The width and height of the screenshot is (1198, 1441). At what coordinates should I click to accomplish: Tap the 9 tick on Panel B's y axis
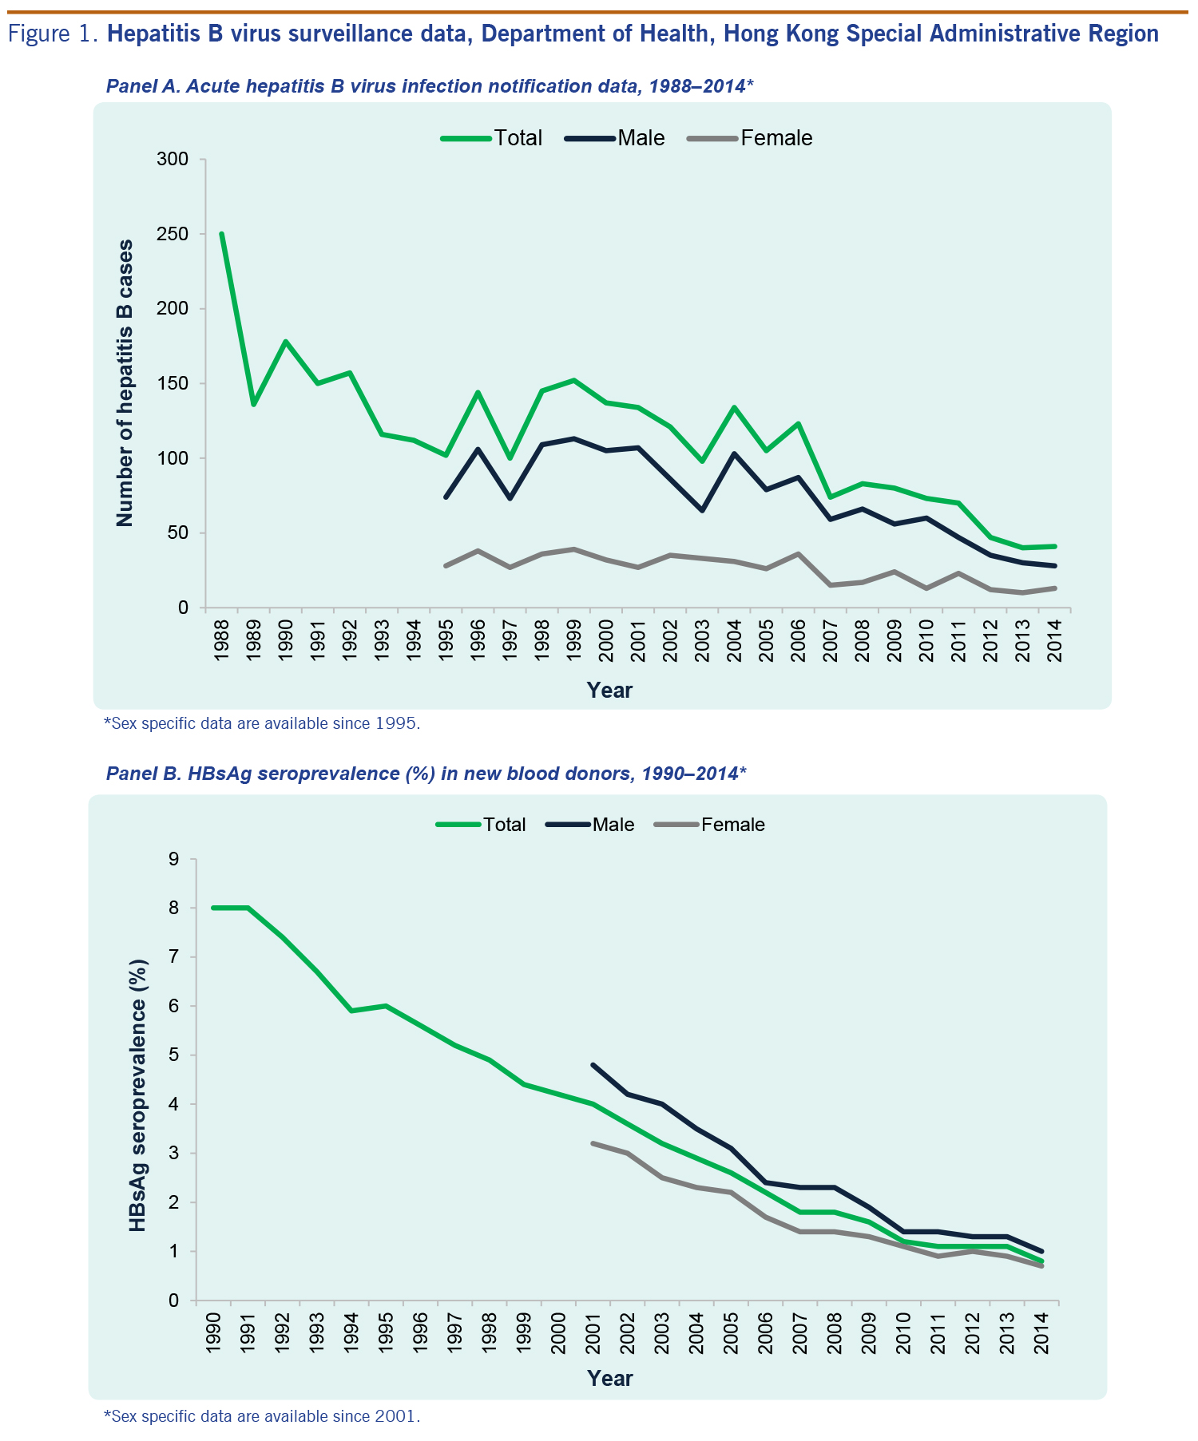tap(173, 859)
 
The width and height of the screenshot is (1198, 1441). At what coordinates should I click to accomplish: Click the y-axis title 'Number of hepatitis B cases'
tap(125, 383)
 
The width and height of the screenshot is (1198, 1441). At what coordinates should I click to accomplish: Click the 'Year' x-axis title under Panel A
tap(609, 691)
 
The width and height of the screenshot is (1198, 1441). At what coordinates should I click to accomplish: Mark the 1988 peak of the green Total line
tap(221, 234)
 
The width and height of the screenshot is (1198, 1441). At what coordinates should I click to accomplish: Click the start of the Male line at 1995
tap(446, 497)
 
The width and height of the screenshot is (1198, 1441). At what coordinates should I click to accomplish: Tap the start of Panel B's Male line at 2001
tap(593, 1065)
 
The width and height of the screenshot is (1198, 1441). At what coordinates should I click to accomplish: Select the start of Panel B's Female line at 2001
tap(593, 1143)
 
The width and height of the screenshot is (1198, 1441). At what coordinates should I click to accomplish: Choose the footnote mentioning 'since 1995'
tap(262, 724)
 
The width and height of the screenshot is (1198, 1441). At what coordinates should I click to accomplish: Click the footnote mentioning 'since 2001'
tap(262, 1417)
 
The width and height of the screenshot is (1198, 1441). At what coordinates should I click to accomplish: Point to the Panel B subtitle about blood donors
tap(426, 773)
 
